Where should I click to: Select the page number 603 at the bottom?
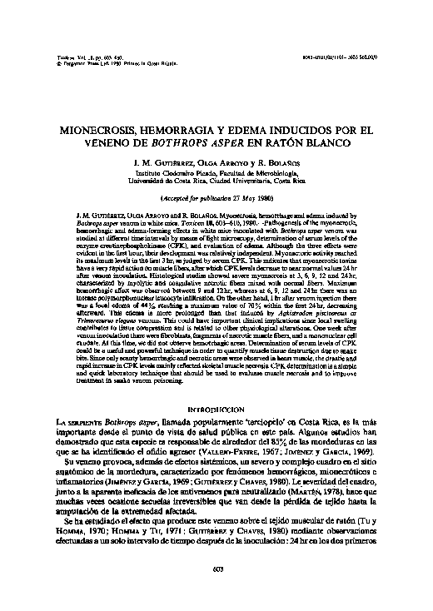click(x=216, y=569)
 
